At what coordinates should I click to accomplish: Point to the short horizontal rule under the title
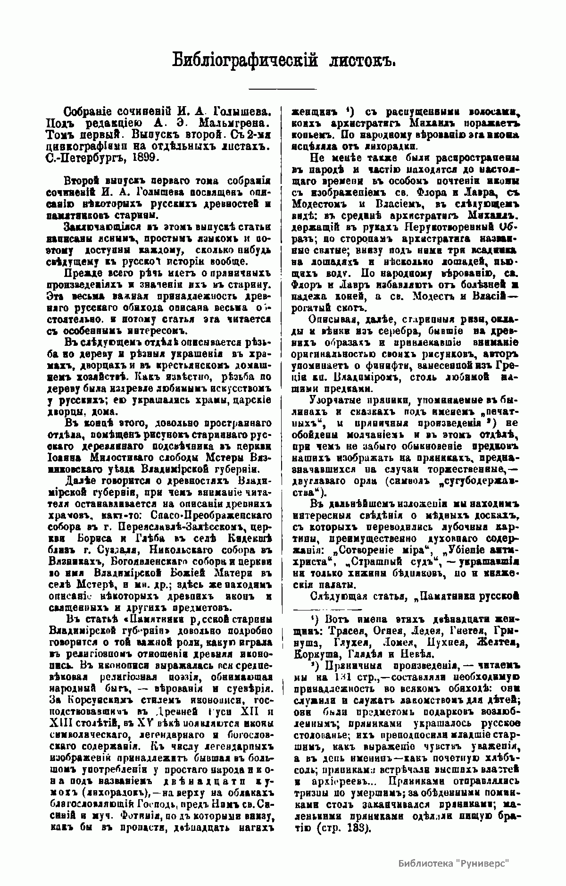click(283, 89)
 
